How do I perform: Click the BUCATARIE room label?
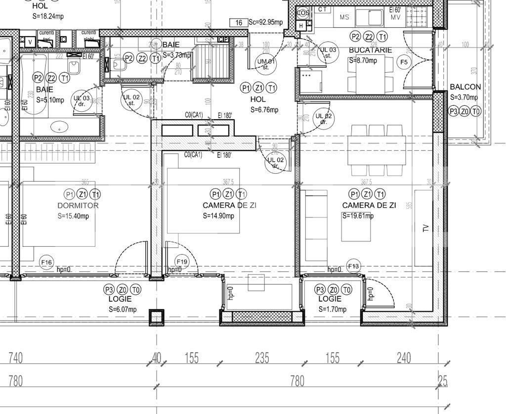click(370, 50)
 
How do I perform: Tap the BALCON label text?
click(465, 87)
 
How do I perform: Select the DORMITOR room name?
click(78, 205)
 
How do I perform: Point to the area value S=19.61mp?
click(358, 216)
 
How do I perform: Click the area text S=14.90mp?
click(218, 216)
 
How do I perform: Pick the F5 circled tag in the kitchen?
click(404, 62)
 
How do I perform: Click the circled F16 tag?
click(46, 263)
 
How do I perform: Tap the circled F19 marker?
click(182, 262)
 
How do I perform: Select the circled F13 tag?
click(353, 267)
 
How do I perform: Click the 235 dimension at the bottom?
click(262, 358)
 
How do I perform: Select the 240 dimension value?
click(404, 358)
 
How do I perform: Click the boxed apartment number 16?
click(239, 23)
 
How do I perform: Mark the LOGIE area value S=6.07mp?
click(123, 309)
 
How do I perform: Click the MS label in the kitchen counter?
click(344, 17)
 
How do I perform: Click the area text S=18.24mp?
click(47, 16)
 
